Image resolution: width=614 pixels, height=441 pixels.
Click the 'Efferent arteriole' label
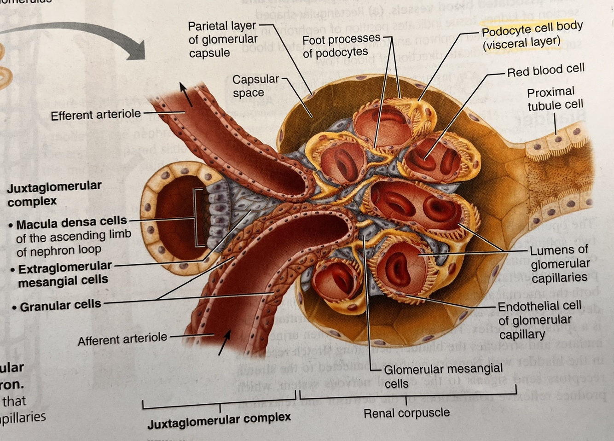coord(96,115)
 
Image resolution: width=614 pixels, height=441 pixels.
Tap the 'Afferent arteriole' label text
coord(122,340)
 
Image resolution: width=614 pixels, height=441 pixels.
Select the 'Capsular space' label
coord(255,86)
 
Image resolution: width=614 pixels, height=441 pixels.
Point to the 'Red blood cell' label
coord(545,70)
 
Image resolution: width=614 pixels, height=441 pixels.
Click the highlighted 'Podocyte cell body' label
coord(532,35)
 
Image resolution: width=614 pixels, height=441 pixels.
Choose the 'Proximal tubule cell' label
coord(555,99)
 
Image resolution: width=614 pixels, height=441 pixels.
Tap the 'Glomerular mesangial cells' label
coord(443,376)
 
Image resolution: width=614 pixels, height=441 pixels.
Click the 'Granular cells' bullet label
coord(60,305)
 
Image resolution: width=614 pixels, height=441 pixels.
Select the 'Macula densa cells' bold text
coord(71,223)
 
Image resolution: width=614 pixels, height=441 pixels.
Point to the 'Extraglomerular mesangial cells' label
coord(64,273)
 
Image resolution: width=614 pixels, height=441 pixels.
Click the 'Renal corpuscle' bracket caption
coord(406,413)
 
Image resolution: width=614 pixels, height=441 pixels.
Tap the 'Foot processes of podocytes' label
coord(341,46)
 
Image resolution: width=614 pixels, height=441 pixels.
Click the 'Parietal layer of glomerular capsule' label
coord(223,39)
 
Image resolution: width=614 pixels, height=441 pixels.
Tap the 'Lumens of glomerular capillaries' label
coord(559,264)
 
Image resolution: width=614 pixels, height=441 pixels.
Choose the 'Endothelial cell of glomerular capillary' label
coord(539,319)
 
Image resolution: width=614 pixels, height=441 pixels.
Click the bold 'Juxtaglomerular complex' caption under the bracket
coord(219,420)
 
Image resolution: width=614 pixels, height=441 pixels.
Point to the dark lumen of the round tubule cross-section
coord(175,216)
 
